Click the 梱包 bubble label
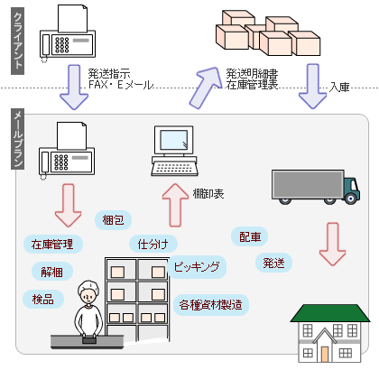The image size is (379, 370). [113, 220]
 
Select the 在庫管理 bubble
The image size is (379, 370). [52, 244]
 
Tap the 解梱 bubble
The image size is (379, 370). [52, 272]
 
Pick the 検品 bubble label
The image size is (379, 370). [43, 299]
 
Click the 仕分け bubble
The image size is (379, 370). [153, 244]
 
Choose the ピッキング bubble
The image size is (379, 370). [197, 266]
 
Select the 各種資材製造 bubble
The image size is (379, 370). [211, 305]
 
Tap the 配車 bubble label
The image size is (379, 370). [250, 236]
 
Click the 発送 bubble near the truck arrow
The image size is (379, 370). [273, 263]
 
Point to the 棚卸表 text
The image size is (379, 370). [208, 194]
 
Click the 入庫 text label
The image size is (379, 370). [339, 87]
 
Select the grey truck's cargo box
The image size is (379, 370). [308, 184]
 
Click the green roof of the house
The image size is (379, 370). [330, 313]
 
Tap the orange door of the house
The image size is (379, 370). [325, 355]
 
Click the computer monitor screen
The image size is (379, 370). [174, 140]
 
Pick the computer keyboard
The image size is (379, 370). [175, 169]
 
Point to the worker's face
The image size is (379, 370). [88, 295]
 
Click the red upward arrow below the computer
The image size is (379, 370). [175, 206]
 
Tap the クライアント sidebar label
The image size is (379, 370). [18, 41]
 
